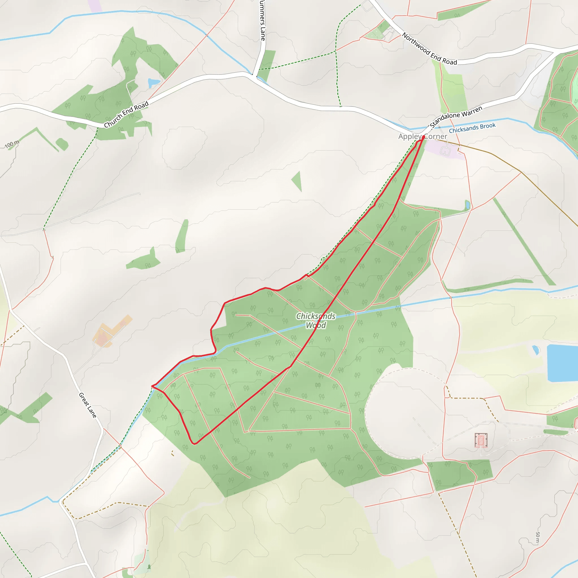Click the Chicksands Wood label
(316, 320)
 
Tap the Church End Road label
(126, 114)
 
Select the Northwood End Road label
(429, 49)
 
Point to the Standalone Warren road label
(456, 116)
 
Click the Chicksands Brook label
(472, 128)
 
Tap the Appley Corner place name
(422, 136)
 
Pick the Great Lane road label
(88, 405)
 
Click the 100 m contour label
(12, 144)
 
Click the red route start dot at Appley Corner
(423, 137)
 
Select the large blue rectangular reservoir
(562, 363)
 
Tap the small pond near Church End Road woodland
(154, 82)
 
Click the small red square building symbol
(481, 440)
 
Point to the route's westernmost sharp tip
(152, 386)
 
